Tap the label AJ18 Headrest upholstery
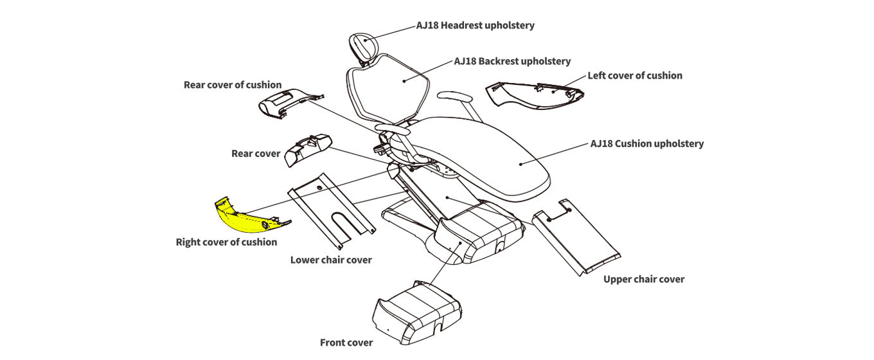(x=475, y=26)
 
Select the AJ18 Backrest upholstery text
(x=512, y=61)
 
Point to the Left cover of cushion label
(x=635, y=75)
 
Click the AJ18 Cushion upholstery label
(x=647, y=143)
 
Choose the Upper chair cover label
(x=643, y=279)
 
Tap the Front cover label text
(x=346, y=342)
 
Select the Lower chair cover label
(x=331, y=260)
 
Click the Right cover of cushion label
(x=226, y=242)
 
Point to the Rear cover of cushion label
(x=232, y=84)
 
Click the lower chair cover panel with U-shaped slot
(x=331, y=209)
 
